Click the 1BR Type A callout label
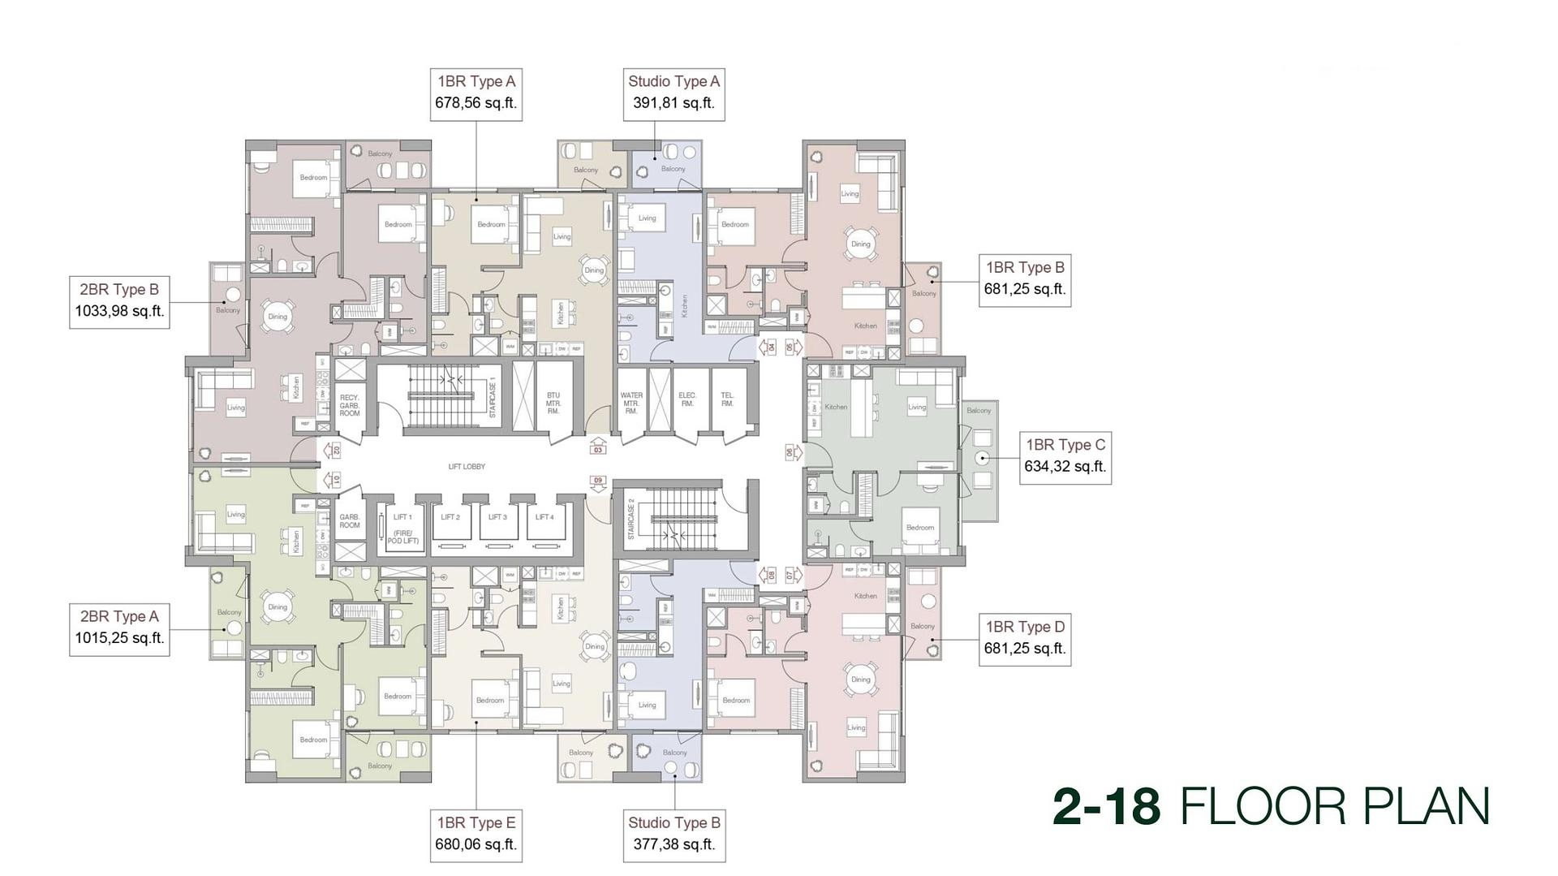(x=476, y=93)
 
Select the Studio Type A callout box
(x=674, y=93)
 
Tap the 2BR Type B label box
(x=119, y=300)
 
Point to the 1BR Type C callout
(x=1065, y=456)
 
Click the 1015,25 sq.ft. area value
(x=119, y=638)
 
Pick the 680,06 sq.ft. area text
(x=476, y=844)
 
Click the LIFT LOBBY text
(x=467, y=467)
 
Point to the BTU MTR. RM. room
(x=553, y=403)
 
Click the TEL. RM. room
(x=728, y=400)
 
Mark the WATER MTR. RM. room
(x=631, y=403)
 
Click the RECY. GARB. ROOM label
(x=350, y=405)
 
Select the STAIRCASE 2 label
(x=631, y=520)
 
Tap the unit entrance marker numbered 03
(x=598, y=447)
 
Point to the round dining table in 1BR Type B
(x=860, y=244)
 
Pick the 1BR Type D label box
(x=1024, y=638)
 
